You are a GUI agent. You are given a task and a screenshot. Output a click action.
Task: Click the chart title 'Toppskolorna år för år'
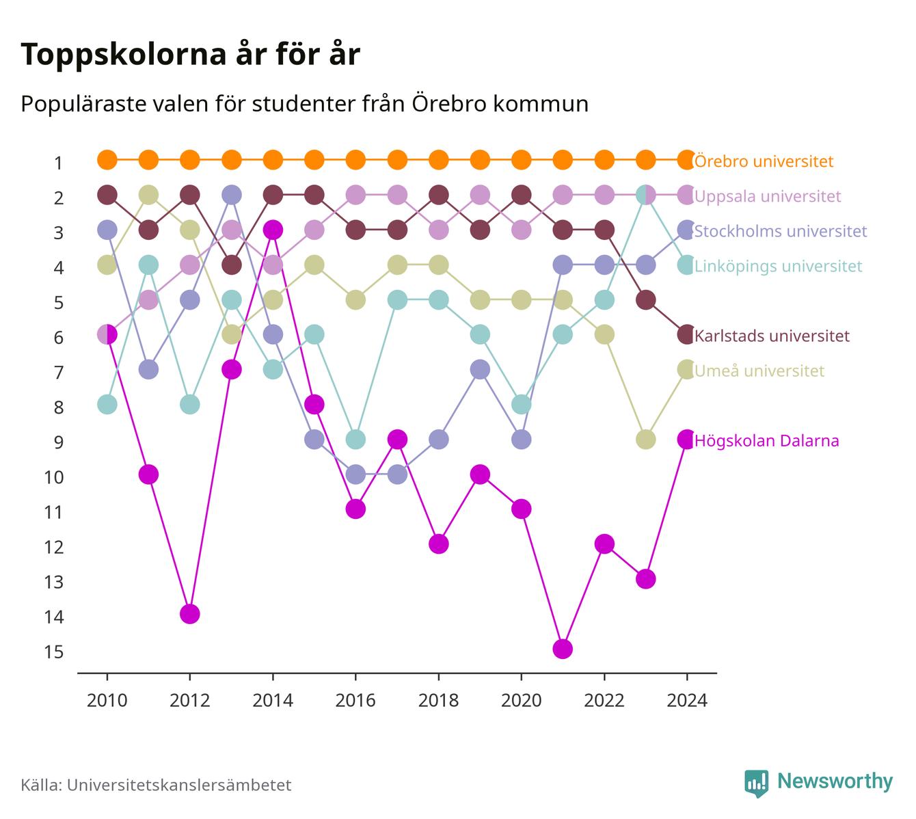point(190,55)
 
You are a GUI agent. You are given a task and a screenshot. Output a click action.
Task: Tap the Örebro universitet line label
point(764,161)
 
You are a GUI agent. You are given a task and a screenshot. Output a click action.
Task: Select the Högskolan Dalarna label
point(767,440)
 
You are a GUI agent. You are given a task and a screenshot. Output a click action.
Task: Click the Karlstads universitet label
point(772,336)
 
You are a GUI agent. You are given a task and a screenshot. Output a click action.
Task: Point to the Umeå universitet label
point(759,371)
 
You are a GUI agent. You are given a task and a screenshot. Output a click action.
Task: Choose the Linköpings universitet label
point(778,266)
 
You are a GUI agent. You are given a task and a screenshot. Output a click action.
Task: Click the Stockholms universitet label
point(781,231)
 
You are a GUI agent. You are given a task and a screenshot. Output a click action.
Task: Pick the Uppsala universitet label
point(768,196)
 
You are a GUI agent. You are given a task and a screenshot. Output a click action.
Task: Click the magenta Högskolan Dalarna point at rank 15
point(563,649)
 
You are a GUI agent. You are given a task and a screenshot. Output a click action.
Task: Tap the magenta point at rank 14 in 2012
point(190,614)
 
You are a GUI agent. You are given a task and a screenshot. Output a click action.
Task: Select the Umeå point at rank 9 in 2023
point(645,439)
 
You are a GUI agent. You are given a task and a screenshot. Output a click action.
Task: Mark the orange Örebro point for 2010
point(107,160)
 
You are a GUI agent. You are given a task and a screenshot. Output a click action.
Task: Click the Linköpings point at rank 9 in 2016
point(355,439)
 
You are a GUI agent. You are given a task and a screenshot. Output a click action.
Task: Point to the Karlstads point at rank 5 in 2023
point(645,299)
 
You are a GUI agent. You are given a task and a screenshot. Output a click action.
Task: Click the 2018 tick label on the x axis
point(438,701)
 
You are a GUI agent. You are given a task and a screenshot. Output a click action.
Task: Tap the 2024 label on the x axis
point(687,701)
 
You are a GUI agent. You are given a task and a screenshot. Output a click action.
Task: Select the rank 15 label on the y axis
point(54,652)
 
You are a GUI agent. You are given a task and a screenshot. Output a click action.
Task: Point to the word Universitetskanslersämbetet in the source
point(179,785)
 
